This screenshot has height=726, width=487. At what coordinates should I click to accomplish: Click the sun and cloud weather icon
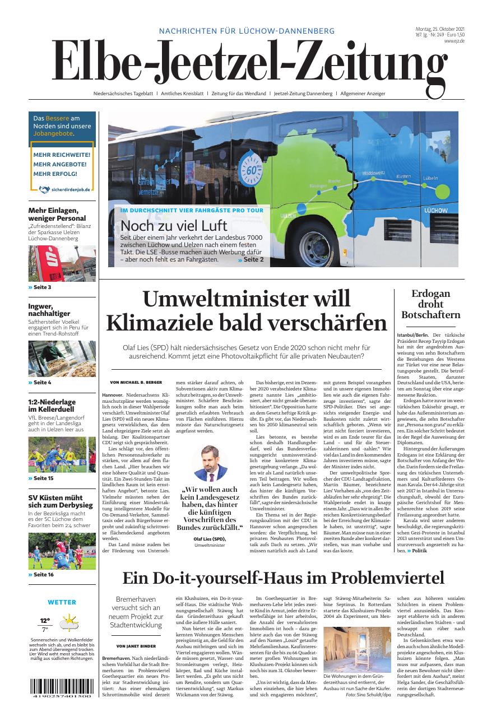(x=69, y=622)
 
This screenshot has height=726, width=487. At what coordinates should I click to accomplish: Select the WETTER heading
(x=62, y=602)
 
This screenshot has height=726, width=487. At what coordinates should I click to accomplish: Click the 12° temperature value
(x=44, y=621)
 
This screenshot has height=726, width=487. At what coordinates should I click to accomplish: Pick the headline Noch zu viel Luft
(x=174, y=226)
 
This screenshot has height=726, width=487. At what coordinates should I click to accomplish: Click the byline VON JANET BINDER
(x=136, y=646)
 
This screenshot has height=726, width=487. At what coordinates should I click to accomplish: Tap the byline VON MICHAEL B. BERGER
(x=136, y=382)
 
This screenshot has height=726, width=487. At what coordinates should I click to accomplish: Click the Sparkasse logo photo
(x=62, y=263)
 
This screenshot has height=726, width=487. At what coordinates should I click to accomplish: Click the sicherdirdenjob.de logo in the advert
(x=62, y=189)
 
